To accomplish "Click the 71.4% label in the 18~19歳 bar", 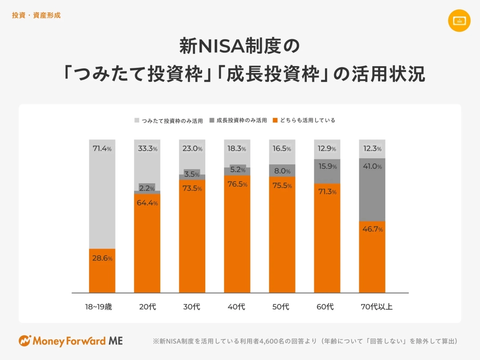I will [102, 148].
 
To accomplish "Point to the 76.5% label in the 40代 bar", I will [237, 184].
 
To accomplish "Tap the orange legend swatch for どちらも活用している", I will [275, 121].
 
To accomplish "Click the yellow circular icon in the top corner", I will [459, 20].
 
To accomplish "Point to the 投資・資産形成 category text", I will [36, 15].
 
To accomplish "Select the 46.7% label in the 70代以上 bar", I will [372, 229].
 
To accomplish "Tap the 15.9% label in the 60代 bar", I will [327, 167].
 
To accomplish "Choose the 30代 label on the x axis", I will [192, 307].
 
